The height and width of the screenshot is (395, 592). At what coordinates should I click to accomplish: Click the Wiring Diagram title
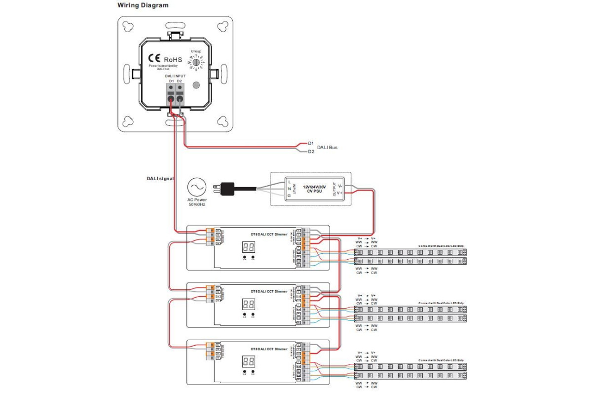pos(143,5)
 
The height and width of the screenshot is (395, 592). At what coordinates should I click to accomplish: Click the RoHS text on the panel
pos(173,60)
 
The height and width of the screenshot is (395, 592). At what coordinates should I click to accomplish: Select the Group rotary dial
pos(196,63)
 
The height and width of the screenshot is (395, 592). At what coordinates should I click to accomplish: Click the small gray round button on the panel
pos(196,85)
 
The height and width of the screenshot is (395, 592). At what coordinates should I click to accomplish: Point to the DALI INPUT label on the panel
pos(175,76)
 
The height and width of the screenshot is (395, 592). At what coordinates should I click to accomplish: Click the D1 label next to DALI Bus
pos(311,143)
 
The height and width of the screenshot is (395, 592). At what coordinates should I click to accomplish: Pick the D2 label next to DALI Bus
pos(311,152)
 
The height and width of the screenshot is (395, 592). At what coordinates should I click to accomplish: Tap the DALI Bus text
pos(327,147)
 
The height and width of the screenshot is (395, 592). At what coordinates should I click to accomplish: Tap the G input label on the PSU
pos(289,195)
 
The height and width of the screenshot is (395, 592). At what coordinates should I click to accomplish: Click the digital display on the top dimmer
pos(249,246)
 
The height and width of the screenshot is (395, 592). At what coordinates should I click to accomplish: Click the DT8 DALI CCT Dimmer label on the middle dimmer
pos(269,291)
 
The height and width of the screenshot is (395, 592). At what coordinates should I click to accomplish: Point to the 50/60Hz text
pos(197,204)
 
